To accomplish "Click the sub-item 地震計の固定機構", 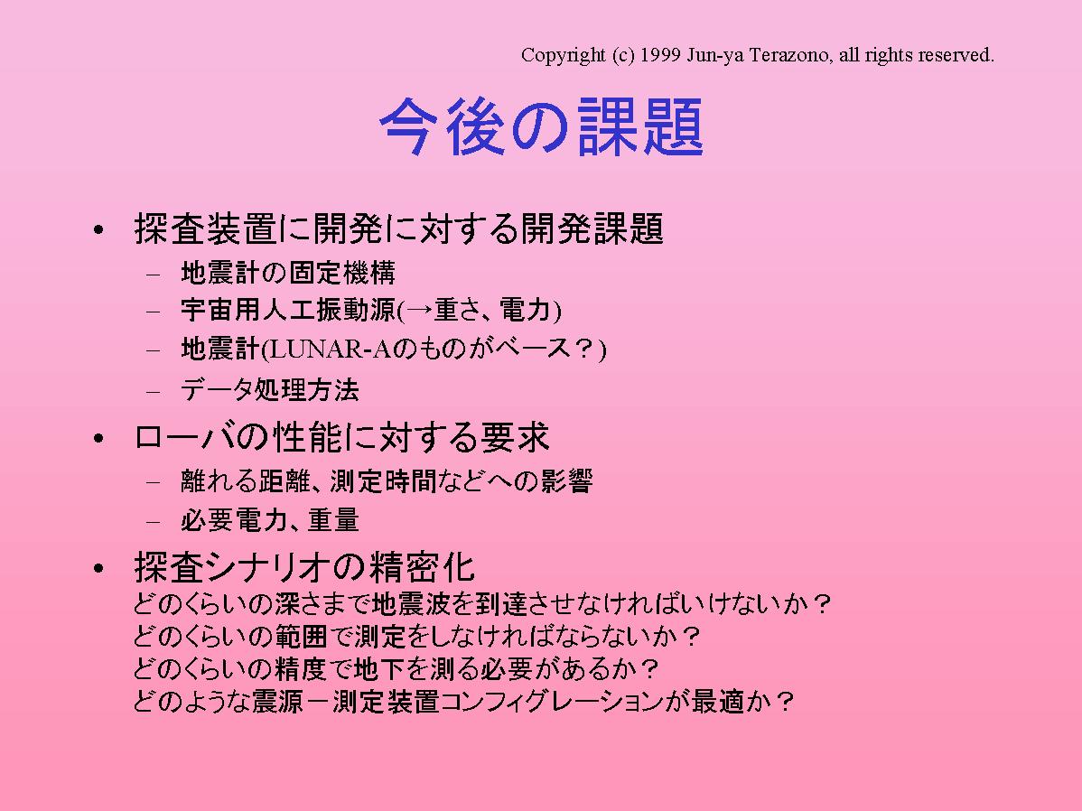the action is pyautogui.click(x=288, y=273).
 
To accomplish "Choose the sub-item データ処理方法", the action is pyautogui.click(x=270, y=390).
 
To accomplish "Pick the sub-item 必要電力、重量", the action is pyautogui.click(x=270, y=519).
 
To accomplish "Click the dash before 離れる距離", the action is pyautogui.click(x=154, y=481).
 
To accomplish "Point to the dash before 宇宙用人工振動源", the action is pyautogui.click(x=154, y=311).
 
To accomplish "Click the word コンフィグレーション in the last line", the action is pyautogui.click(x=551, y=701).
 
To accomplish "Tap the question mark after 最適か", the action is pyautogui.click(x=784, y=701).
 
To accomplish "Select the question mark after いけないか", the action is pyautogui.click(x=821, y=604).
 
